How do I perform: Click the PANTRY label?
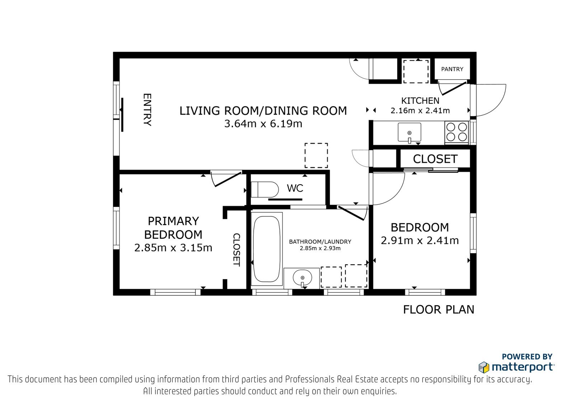coord(452,69)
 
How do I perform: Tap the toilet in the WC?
coord(265,189)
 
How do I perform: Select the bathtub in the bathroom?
coord(267,249)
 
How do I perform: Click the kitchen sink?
coord(409,132)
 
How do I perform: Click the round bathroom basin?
coord(302,278)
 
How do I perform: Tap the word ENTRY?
coord(147,110)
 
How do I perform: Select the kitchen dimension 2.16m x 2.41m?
coord(420,111)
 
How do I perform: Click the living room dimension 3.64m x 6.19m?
coord(263,123)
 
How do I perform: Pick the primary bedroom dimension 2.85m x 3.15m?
coord(173,248)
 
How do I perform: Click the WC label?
coord(295,188)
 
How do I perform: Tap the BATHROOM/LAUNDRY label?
coord(320,242)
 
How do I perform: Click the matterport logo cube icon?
coord(484,367)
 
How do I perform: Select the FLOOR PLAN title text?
coord(439,309)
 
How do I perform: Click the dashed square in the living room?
coord(316,155)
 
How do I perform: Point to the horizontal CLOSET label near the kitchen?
coord(435,159)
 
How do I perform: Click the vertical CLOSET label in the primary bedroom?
coord(236,250)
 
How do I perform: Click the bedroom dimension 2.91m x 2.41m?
coord(420,241)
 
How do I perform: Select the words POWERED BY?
coord(527,356)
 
